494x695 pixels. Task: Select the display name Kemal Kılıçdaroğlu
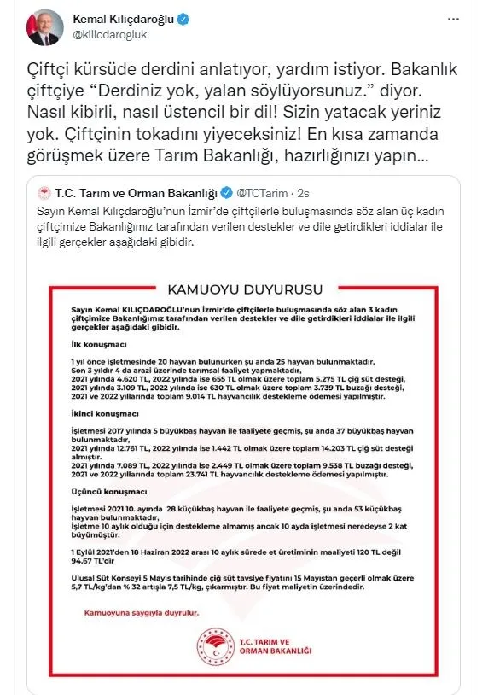(x=127, y=19)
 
